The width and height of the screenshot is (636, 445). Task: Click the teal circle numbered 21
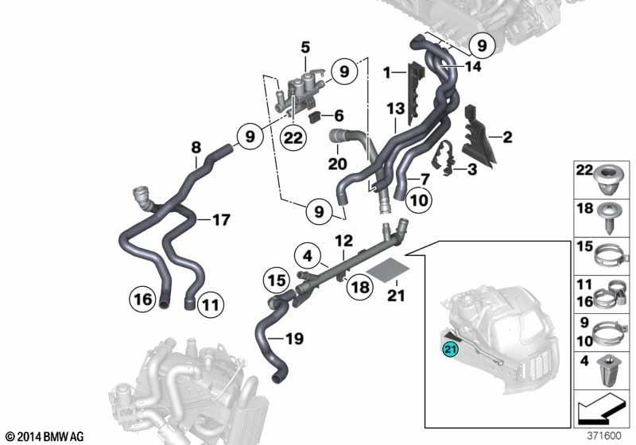(450, 349)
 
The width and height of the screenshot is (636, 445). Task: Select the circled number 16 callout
(143, 300)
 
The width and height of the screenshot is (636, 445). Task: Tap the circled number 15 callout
(277, 281)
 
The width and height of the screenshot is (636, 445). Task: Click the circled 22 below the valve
(293, 138)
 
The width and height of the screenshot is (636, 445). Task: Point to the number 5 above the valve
(305, 48)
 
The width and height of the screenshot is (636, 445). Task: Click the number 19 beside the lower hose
(294, 339)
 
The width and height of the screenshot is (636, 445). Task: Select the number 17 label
(222, 219)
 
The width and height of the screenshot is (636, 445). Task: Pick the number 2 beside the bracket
(507, 137)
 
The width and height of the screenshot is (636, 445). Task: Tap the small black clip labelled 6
(315, 118)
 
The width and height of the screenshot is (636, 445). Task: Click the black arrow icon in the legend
(596, 408)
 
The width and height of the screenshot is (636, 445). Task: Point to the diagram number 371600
(604, 436)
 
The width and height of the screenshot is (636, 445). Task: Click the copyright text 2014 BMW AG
(45, 436)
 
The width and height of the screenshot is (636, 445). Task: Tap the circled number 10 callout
(419, 199)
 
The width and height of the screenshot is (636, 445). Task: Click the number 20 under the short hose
(337, 164)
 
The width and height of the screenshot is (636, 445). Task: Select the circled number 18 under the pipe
(360, 287)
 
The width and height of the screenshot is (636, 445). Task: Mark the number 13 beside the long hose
(395, 109)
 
